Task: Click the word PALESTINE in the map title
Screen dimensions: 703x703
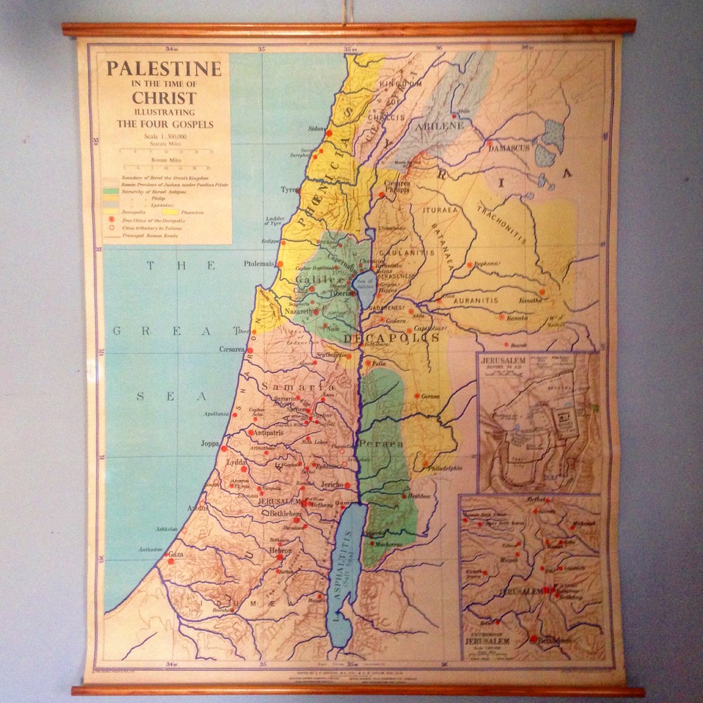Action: click(x=164, y=69)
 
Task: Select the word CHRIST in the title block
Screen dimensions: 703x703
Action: click(x=164, y=97)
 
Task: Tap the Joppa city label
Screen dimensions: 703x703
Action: click(x=209, y=443)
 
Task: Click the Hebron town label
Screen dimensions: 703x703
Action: click(x=280, y=551)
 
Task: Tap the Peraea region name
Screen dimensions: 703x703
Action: click(x=382, y=443)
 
